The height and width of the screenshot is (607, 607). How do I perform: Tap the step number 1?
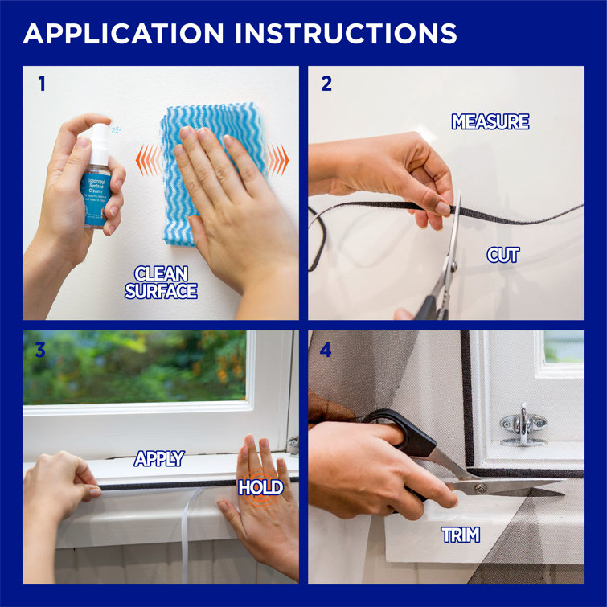coord(41,84)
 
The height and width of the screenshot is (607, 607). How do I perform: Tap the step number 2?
coord(326,84)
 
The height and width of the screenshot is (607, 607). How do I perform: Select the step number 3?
coord(41,350)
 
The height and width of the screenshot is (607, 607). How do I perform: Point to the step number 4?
coord(326,350)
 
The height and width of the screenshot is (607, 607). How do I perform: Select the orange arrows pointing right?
coord(277,159)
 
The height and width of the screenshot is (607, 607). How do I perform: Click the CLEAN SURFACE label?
coord(160,282)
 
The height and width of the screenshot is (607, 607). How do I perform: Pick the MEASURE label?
coord(490,122)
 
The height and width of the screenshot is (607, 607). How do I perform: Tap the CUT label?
coord(503,255)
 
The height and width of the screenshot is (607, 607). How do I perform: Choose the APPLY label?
coord(158,459)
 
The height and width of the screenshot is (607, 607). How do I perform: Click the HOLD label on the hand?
coord(260,488)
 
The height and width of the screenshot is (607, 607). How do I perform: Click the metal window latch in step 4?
coord(523,426)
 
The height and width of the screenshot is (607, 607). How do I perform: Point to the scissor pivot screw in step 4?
coord(480,488)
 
